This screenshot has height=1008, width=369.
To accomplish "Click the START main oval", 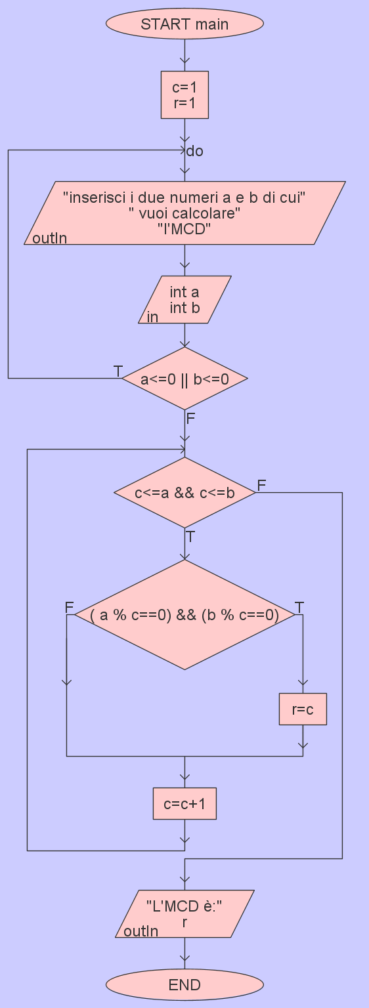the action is pyautogui.click(x=185, y=24).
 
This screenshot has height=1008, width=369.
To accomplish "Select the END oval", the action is pyautogui.click(x=185, y=984).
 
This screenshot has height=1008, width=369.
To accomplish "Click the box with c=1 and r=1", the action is pyautogui.click(x=185, y=95).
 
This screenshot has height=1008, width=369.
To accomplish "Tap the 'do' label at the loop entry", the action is pyautogui.click(x=195, y=151).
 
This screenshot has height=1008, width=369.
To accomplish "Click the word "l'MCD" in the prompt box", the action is pyautogui.click(x=185, y=229).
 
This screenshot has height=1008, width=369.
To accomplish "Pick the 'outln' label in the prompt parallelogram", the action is pyautogui.click(x=49, y=238).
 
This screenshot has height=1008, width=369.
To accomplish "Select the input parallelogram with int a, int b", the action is pyautogui.click(x=185, y=300).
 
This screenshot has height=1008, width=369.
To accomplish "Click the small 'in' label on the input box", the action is pyautogui.click(x=152, y=317).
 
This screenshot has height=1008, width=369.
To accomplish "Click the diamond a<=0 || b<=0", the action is pyautogui.click(x=185, y=379).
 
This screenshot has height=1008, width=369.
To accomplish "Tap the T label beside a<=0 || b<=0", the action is pyautogui.click(x=118, y=371).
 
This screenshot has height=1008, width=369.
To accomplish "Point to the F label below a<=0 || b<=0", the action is pyautogui.click(x=190, y=419).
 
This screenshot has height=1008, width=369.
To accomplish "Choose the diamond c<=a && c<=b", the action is pyautogui.click(x=185, y=493).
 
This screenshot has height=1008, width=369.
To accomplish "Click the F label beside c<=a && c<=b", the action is pyautogui.click(x=261, y=485).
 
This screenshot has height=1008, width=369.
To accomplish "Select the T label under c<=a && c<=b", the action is pyautogui.click(x=190, y=537).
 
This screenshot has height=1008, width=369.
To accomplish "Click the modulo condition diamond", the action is pyautogui.click(x=185, y=615).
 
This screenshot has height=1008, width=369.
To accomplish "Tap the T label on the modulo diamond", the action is pyautogui.click(x=299, y=608).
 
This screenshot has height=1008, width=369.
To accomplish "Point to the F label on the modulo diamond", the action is pyautogui.click(x=70, y=608).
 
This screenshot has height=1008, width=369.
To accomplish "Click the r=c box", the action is pyautogui.click(x=303, y=709).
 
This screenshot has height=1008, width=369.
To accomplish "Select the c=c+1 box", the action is pyautogui.click(x=185, y=803).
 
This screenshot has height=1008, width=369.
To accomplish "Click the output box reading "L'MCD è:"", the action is pyautogui.click(x=185, y=914).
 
